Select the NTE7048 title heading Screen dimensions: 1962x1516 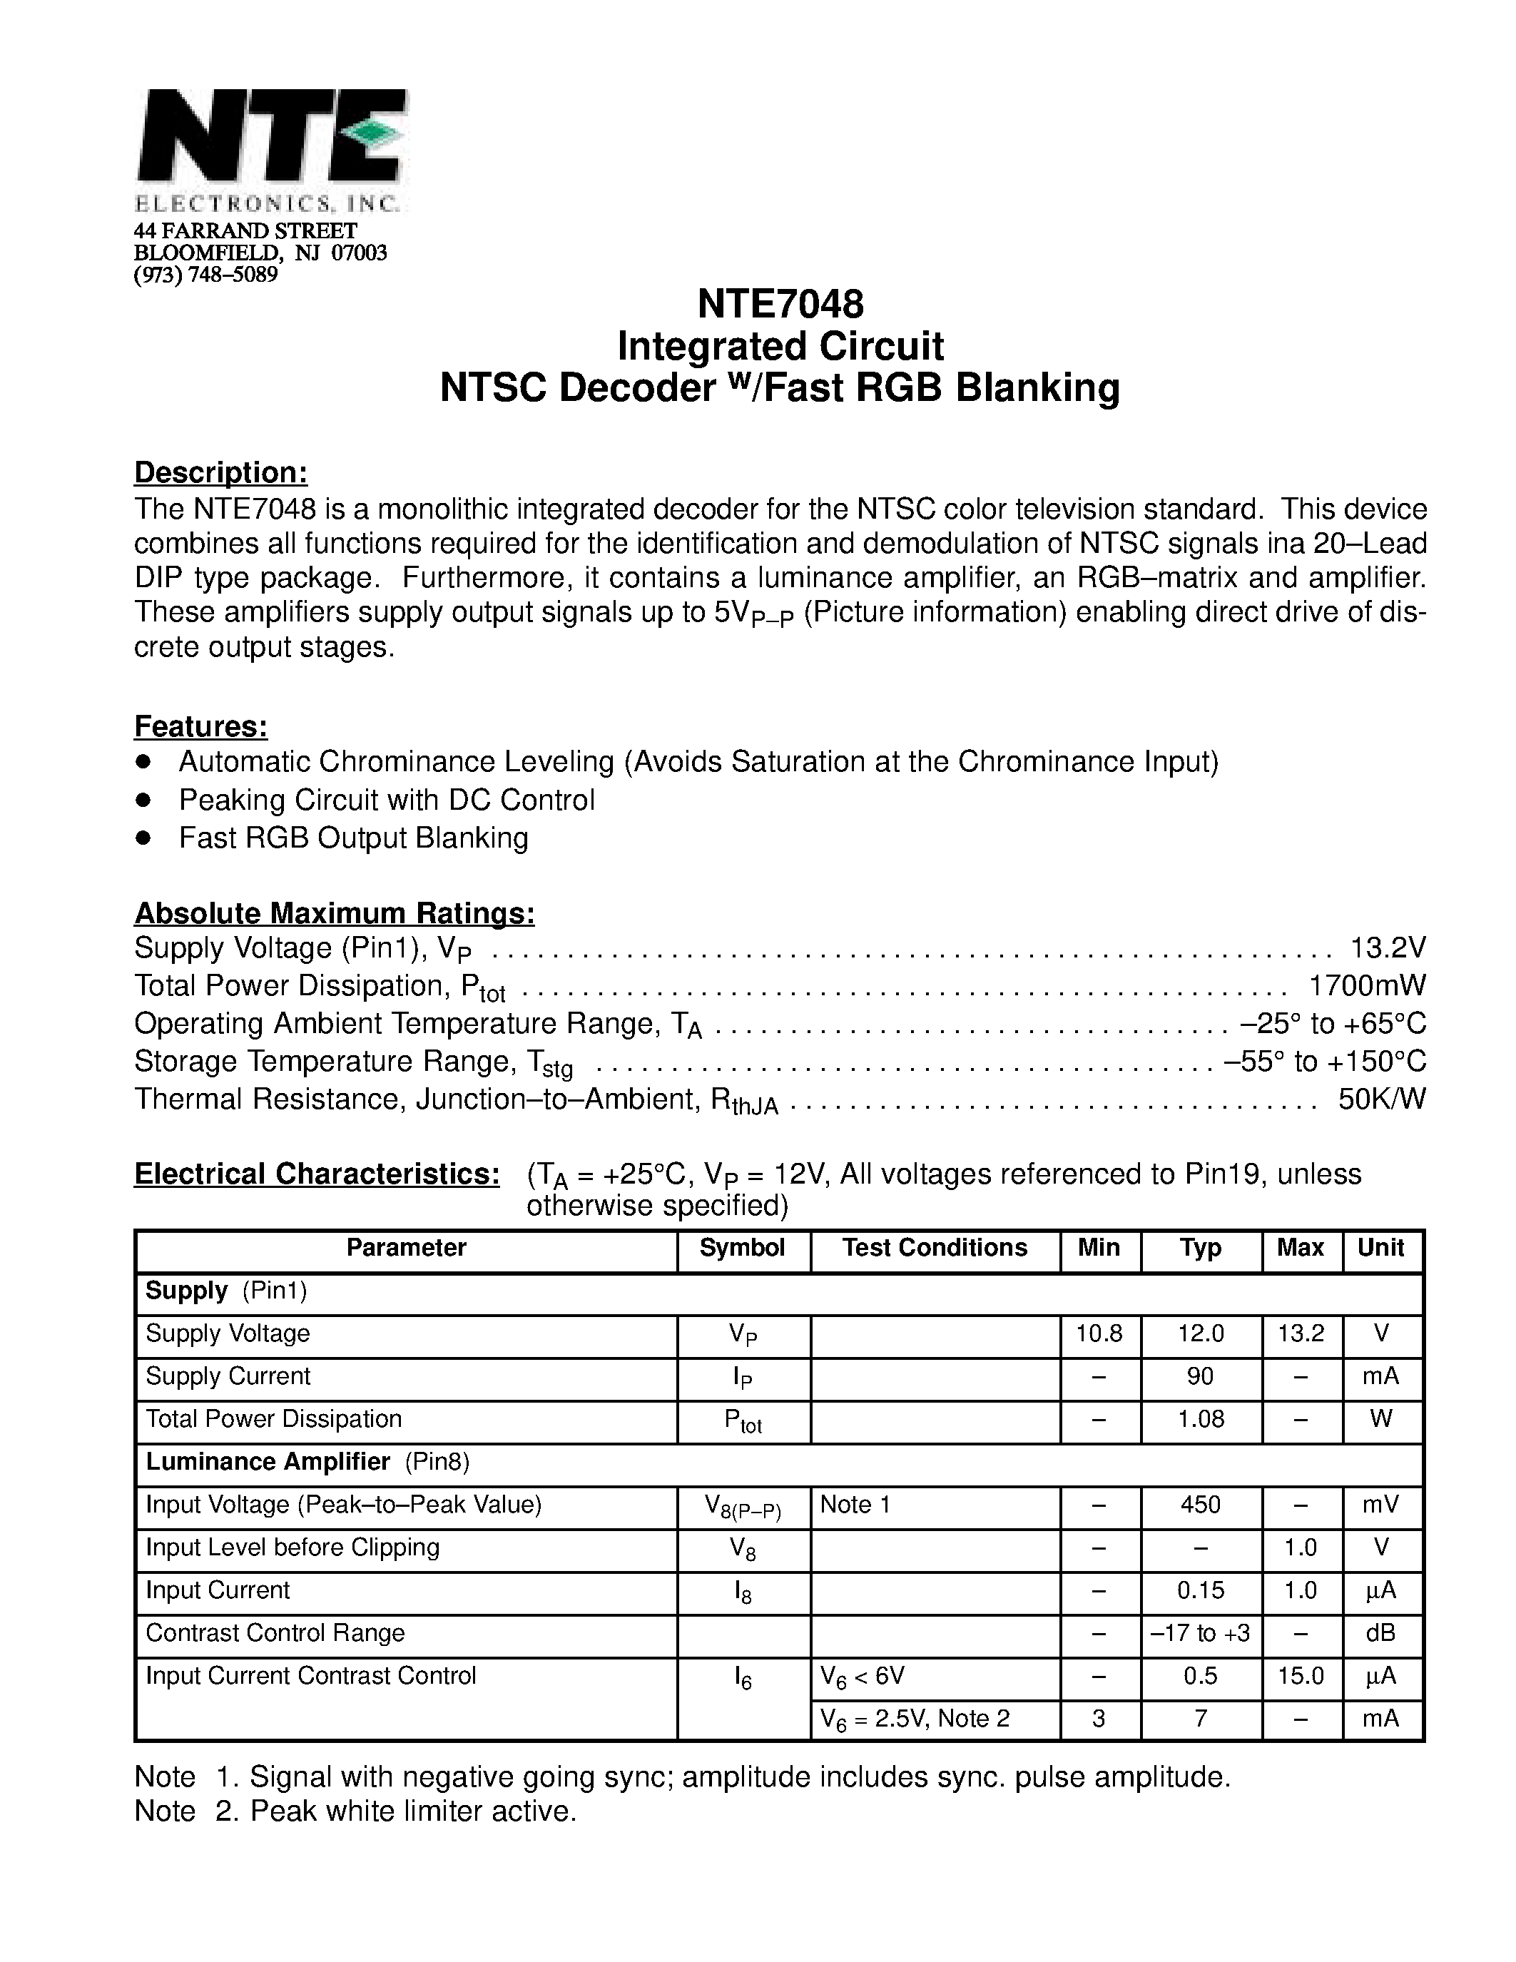pyautogui.click(x=780, y=304)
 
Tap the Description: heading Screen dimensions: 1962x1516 pyautogui.click(x=220, y=472)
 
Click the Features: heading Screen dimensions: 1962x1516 pyautogui.click(x=200, y=726)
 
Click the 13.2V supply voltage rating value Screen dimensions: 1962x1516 pyautogui.click(x=1388, y=947)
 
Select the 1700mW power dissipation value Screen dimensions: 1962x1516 pyautogui.click(x=1367, y=985)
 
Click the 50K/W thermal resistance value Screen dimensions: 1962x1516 pyautogui.click(x=1381, y=1099)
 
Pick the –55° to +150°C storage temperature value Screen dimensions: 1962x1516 pyautogui.click(x=1325, y=1062)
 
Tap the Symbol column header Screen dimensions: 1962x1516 pyautogui.click(x=742, y=1248)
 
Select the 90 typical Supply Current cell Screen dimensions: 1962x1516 pyautogui.click(x=1200, y=1376)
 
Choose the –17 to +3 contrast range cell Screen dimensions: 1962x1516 pyautogui.click(x=1200, y=1633)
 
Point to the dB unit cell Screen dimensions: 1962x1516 pyautogui.click(x=1380, y=1633)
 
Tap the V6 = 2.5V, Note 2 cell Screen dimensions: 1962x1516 pyautogui.click(x=915, y=1719)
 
